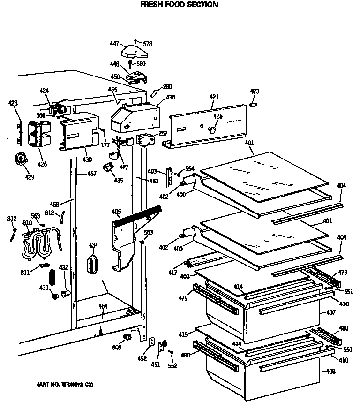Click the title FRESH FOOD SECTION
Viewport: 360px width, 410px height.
coord(180,5)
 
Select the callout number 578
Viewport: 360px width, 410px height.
coord(148,44)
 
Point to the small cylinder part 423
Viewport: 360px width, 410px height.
coord(254,104)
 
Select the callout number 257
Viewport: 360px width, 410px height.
coord(163,134)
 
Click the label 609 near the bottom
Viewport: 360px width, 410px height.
coord(117,347)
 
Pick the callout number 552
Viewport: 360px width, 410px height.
coord(172,365)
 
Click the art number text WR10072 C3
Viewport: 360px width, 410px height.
coord(65,385)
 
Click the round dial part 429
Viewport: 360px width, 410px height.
coord(20,159)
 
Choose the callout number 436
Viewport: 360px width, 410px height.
coord(170,97)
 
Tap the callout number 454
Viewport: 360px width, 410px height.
coord(103,306)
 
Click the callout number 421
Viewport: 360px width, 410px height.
coord(214,97)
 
